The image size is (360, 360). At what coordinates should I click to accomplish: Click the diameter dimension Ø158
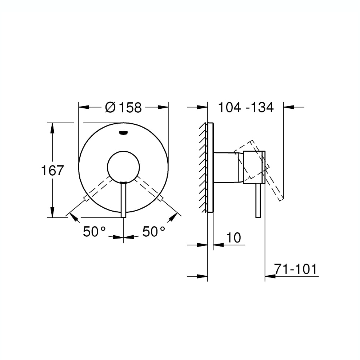tap(123, 107)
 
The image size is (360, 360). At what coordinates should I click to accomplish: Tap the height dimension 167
tap(52, 170)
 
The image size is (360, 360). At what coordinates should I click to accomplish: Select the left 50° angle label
tap(94, 232)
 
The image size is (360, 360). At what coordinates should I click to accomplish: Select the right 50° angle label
tap(153, 232)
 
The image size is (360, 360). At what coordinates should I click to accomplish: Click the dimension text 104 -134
tap(246, 107)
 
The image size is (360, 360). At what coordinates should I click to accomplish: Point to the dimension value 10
tap(233, 238)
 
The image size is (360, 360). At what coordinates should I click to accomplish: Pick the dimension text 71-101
tap(296, 269)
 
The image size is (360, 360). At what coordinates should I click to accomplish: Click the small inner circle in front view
tap(123, 167)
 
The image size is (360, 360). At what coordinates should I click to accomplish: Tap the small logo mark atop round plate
tap(123, 133)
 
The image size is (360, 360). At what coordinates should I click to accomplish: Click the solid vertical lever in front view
tap(123, 200)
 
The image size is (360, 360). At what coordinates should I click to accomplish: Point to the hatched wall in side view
tap(203, 167)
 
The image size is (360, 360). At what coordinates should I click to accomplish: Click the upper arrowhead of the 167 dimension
tap(52, 127)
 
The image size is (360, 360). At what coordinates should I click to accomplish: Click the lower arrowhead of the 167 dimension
tap(52, 213)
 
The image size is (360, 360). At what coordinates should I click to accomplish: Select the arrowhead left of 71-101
tap(269, 276)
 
